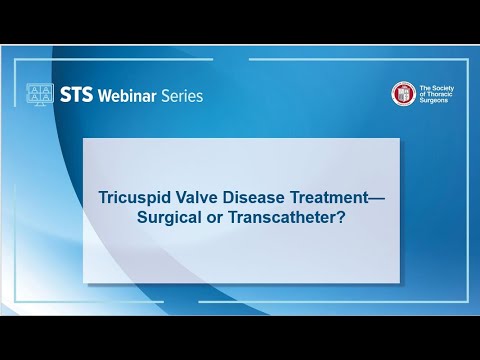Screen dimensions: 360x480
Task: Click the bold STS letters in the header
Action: (x=76, y=96)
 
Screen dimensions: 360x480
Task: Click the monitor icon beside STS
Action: (x=40, y=95)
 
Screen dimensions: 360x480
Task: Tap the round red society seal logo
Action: (x=403, y=93)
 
